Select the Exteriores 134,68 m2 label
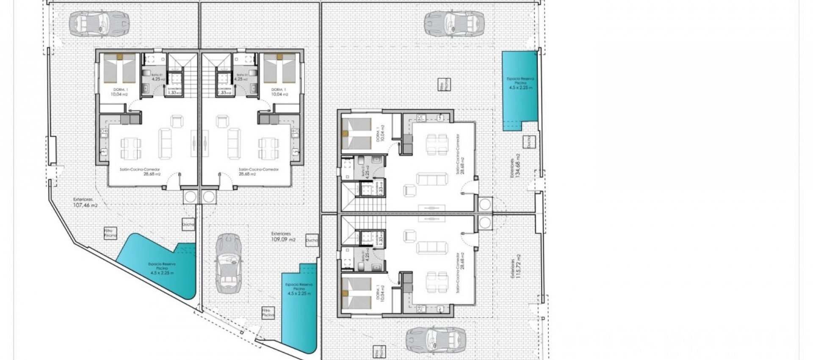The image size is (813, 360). [515, 167]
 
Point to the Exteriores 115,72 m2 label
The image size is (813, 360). [515, 266]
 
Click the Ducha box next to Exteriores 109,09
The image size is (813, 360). [312, 240]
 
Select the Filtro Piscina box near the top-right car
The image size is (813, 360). [443, 84]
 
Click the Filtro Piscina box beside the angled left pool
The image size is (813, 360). [110, 233]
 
